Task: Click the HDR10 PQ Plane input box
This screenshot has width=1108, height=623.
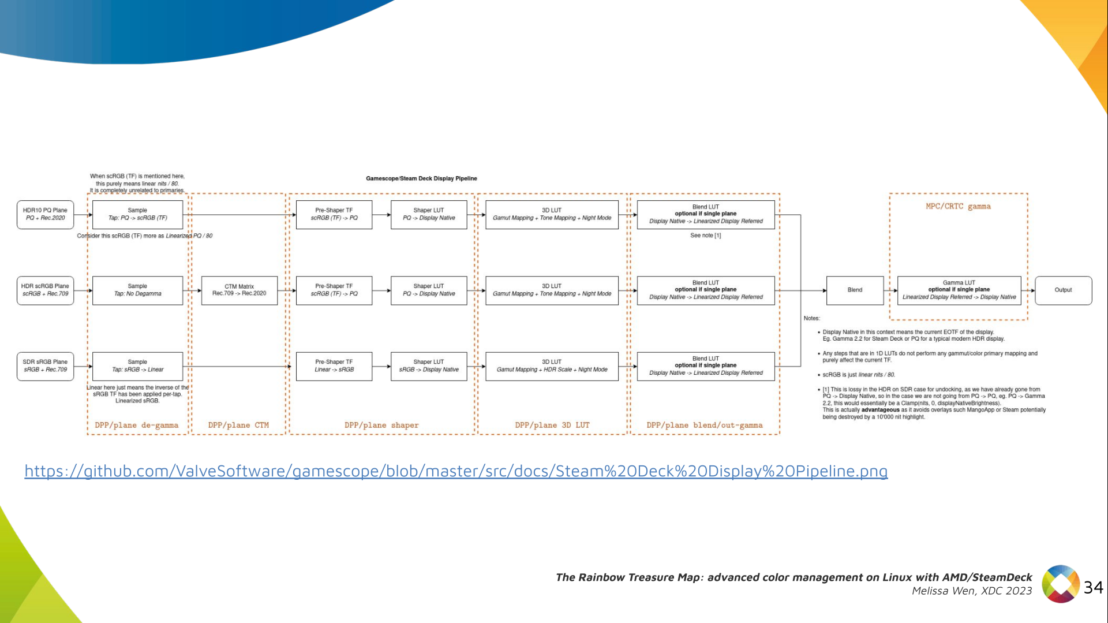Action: click(x=46, y=214)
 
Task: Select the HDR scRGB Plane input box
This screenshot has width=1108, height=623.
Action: click(x=46, y=290)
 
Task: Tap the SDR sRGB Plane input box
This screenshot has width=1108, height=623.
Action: click(x=46, y=366)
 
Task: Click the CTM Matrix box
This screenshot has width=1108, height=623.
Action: click(x=239, y=290)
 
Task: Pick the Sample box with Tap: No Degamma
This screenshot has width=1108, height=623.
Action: click(x=137, y=290)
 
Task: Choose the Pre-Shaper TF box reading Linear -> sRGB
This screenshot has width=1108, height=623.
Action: click(x=334, y=366)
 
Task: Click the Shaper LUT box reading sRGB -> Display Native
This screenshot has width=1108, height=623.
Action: click(x=429, y=366)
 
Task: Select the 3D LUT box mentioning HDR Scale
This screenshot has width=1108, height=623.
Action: click(x=552, y=366)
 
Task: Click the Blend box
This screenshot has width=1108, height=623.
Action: click(x=855, y=290)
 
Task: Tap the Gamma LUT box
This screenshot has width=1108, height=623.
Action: click(x=959, y=290)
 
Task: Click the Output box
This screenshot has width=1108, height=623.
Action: click(x=1063, y=290)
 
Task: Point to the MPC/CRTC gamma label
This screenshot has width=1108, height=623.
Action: click(x=958, y=206)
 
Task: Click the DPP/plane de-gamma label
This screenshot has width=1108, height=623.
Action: click(x=137, y=426)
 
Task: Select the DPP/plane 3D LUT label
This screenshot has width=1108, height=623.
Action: click(x=552, y=426)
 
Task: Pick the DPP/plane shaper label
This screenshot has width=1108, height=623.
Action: click(x=381, y=426)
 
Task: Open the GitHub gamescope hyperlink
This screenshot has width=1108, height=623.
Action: click(x=456, y=471)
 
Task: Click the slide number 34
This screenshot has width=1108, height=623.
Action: click(x=1093, y=588)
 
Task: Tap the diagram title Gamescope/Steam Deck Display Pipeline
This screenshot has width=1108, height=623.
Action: click(x=421, y=178)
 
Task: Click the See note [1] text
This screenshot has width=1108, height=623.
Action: click(x=705, y=236)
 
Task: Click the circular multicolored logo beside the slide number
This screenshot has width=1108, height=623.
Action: click(x=1061, y=584)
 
